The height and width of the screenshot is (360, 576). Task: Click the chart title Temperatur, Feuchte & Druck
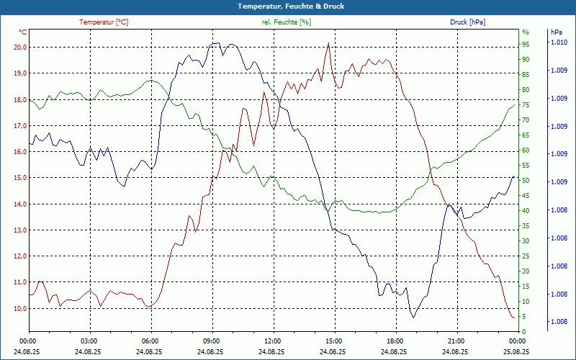288,6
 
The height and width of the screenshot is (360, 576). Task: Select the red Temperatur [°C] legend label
104,22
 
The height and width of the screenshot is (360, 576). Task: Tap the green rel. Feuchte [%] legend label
287,22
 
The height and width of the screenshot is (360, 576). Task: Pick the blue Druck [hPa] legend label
467,22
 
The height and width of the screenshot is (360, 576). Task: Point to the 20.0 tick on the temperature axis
19,47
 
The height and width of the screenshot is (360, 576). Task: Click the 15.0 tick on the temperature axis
19,178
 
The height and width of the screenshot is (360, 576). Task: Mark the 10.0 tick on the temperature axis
19,308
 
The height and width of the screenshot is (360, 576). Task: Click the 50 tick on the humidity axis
526,180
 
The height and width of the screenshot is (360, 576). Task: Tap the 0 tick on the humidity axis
523,332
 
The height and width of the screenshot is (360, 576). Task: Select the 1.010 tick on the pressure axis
559,43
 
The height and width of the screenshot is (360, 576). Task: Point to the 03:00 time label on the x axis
89,341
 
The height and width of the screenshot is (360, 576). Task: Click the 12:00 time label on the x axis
272,341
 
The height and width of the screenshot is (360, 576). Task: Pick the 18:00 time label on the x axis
395,341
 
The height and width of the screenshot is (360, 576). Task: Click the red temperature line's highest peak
328,42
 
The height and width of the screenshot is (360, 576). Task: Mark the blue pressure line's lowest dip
413,317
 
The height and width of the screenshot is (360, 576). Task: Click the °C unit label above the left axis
23,32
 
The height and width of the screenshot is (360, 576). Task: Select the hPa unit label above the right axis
557,32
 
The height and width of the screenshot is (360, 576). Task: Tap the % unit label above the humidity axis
526,32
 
